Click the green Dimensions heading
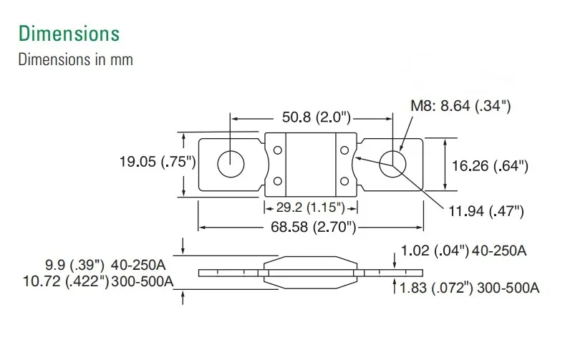click(69, 34)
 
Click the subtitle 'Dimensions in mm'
click(75, 59)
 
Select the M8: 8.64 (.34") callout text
click(460, 107)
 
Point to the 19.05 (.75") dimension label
click(158, 162)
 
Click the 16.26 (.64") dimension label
click(490, 166)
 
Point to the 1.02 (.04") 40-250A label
click(464, 250)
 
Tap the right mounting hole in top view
click(392, 164)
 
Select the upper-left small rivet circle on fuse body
click(276, 150)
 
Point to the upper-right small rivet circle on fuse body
click(344, 150)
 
